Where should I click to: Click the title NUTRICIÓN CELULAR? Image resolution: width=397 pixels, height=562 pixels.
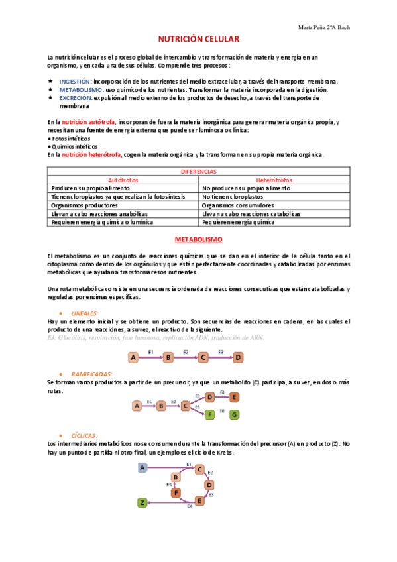tap(198, 40)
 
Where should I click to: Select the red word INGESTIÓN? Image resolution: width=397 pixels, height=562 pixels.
tap(74, 81)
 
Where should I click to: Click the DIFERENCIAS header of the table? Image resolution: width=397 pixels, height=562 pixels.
tap(198, 172)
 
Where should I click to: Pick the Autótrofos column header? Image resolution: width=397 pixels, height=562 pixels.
tap(123, 180)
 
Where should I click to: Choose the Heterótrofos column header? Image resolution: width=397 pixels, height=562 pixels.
tap(274, 180)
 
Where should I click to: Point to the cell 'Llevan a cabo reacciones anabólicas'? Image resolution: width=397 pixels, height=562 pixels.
tap(99, 214)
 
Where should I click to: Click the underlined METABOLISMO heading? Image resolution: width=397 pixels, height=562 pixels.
tap(198, 239)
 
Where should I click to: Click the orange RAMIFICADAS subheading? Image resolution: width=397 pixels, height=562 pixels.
tap(91, 374)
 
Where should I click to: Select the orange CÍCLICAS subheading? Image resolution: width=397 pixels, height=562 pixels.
tap(84, 436)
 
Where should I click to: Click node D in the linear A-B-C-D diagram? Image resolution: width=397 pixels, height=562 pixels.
tap(239, 357)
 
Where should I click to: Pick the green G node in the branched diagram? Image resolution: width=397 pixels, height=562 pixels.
tap(234, 415)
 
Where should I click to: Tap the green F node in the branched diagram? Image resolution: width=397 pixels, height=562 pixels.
tap(210, 415)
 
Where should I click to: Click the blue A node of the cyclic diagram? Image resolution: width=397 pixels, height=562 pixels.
tap(142, 467)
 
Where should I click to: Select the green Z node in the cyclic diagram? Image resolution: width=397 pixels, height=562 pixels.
tap(142, 503)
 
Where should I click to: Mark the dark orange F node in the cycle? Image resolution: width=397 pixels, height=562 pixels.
tap(176, 492)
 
